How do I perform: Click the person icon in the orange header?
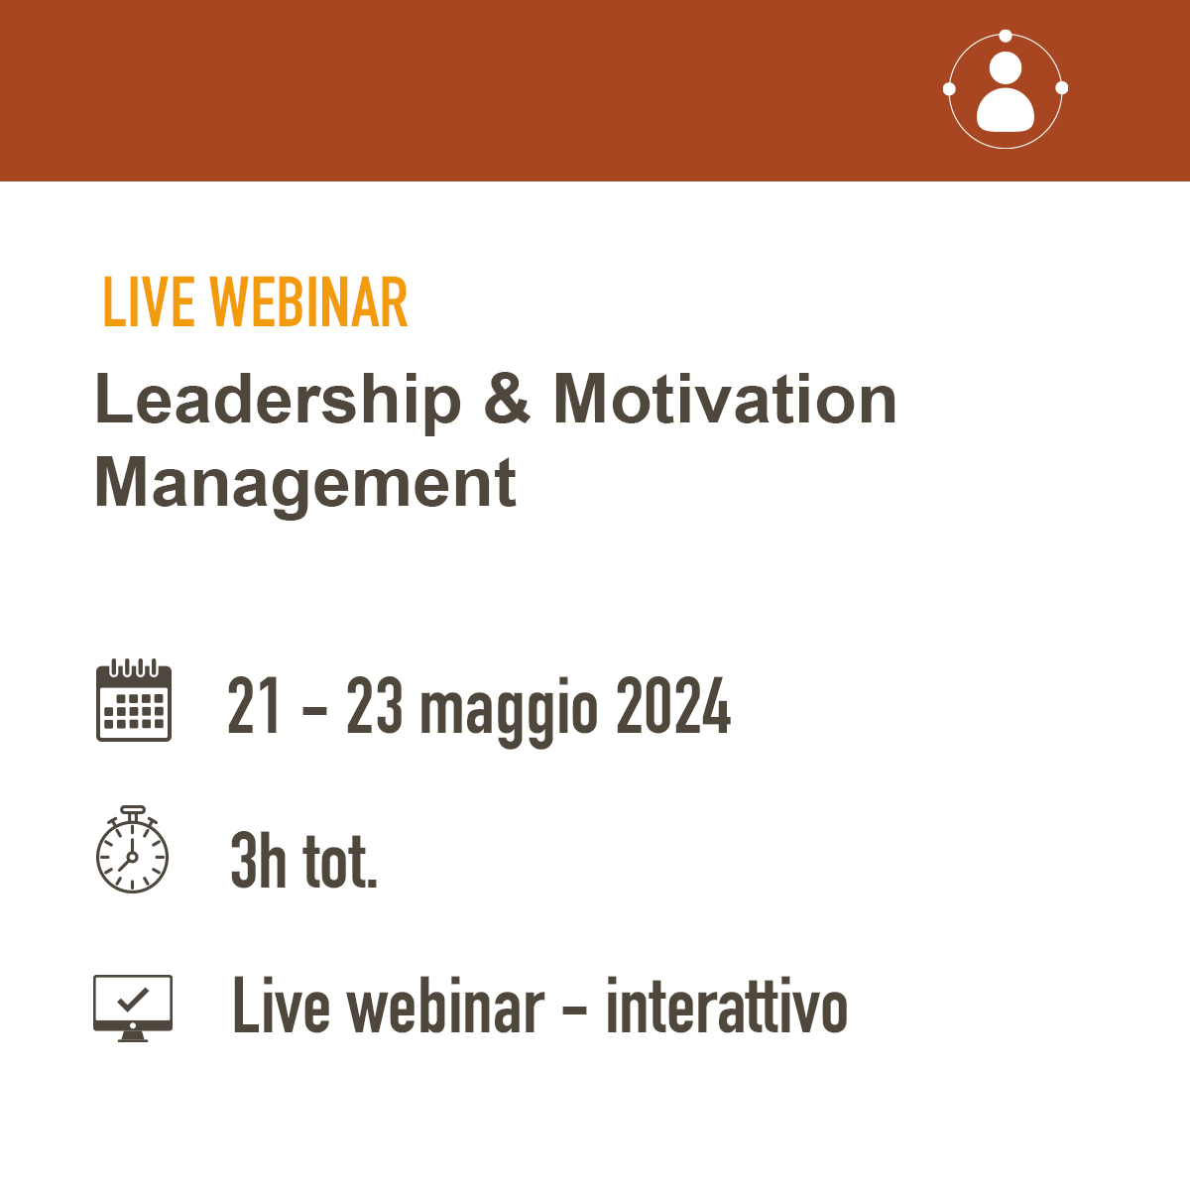coord(1006,92)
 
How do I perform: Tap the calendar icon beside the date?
coord(134,700)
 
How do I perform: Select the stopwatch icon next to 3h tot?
coord(132,849)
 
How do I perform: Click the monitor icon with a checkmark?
coord(133,1009)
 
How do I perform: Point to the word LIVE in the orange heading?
coord(149,302)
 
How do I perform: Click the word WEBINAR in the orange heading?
coord(308,302)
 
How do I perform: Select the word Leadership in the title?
coord(278,402)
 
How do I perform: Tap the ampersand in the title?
coord(507,399)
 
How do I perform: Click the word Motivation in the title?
coord(725,399)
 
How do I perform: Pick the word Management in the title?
coord(305,485)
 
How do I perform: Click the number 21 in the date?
coord(253,705)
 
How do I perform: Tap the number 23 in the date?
coord(374,705)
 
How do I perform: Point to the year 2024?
coord(673,705)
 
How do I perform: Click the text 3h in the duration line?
coord(258,860)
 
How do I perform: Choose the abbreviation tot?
coord(340,863)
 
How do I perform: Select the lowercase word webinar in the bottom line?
coord(445,1007)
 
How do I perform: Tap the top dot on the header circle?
coord(1006,36)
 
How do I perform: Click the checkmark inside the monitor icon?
coord(133,1000)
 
